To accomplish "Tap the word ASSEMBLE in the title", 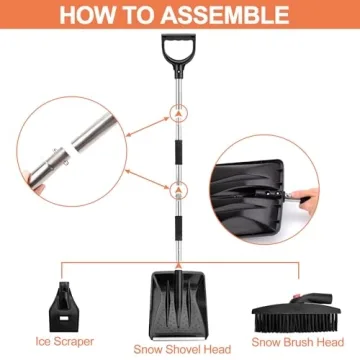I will pyautogui.click(x=231, y=15).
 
